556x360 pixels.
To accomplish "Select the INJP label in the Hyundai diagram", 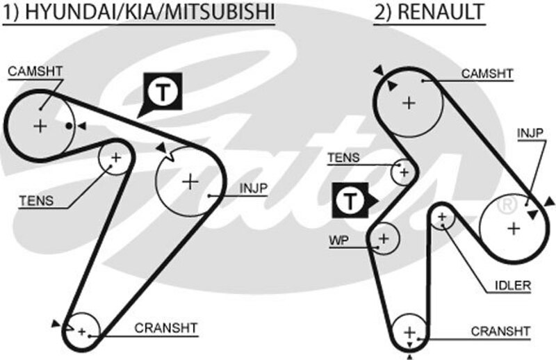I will pos(254,188).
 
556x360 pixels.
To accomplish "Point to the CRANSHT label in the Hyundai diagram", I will pos(166,328).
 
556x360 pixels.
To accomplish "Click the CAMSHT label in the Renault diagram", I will pos(487,73).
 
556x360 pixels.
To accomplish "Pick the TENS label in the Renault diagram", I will pos(343,158).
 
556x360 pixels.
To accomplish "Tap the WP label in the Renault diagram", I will pos(339,240).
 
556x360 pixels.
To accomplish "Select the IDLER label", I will pos(514,285).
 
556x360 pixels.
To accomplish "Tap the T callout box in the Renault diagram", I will pos(351,202).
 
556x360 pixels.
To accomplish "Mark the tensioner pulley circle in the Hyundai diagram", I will pos(115,158).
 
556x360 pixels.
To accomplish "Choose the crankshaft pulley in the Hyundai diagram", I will pos(83,331).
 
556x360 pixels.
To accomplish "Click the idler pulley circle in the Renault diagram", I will pos(442,218).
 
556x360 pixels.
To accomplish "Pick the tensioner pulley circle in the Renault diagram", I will pos(403,171).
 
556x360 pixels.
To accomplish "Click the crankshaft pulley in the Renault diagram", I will pos(409,331).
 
